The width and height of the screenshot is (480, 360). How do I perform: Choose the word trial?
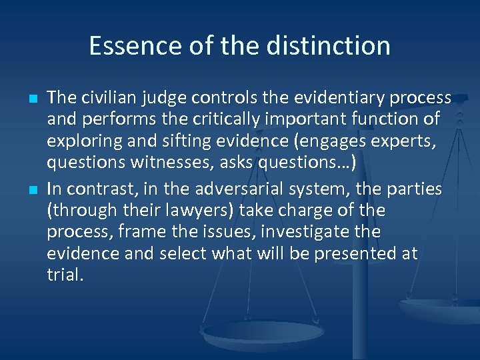coord(64,275)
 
